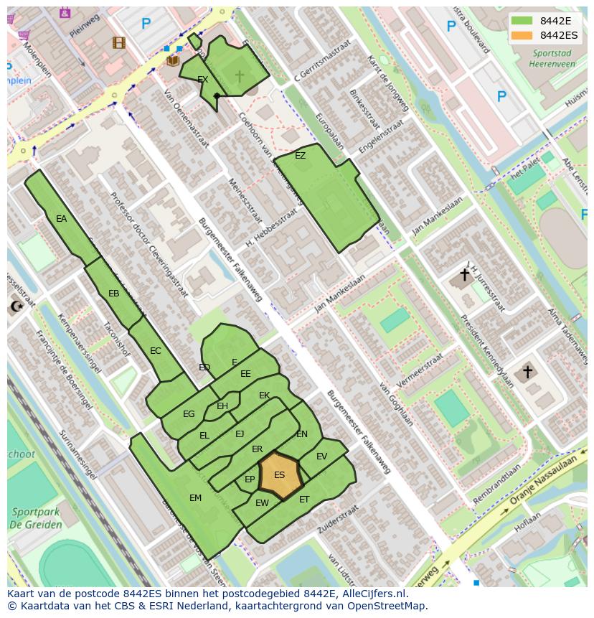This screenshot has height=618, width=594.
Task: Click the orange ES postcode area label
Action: coord(280,475)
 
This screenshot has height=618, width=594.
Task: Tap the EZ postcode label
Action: coord(300,156)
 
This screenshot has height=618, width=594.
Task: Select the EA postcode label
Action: coord(61,219)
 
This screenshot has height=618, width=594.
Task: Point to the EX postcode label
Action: coord(203,80)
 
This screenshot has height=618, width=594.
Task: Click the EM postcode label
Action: coord(195,498)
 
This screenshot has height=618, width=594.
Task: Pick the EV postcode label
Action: coord(321,457)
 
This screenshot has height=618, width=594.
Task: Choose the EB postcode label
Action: coord(113,294)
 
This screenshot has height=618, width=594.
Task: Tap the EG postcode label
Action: coord(189,414)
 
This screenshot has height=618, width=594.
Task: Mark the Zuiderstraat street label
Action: coord(338,519)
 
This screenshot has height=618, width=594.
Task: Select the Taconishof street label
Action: coord(115,337)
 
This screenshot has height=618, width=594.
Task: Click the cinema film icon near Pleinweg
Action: coord(118,43)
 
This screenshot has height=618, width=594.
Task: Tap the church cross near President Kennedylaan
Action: coord(527,372)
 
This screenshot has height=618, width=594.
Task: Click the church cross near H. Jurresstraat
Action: coord(465,274)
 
